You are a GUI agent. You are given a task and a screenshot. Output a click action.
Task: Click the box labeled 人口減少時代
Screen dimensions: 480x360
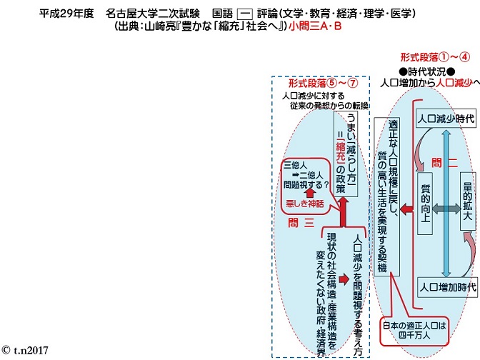point(446,119)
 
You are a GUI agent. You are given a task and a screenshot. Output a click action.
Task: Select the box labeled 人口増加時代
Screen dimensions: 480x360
point(447,287)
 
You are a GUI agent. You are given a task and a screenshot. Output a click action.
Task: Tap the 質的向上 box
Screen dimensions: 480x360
point(425,204)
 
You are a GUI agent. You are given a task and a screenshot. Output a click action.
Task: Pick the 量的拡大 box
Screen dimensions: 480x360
point(467,201)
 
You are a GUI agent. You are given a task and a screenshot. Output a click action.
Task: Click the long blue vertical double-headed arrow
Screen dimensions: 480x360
point(447,204)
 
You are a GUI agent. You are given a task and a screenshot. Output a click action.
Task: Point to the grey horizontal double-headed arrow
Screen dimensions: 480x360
point(446,209)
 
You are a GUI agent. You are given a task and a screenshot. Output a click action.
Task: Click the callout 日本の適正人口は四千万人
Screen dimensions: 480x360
point(414,331)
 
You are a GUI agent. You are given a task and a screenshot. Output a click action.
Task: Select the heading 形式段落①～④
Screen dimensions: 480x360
point(435,57)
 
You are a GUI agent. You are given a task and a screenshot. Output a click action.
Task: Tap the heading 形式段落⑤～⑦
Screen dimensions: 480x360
point(323,83)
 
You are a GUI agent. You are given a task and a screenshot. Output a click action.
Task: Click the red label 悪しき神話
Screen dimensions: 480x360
point(304,204)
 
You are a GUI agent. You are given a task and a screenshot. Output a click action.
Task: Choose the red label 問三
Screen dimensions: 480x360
point(301,223)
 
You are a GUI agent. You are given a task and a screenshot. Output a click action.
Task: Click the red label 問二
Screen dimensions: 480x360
point(444,163)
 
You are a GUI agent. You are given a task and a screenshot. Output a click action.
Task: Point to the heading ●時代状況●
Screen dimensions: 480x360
point(426,71)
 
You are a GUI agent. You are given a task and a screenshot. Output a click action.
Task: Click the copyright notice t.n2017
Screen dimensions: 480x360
point(25,350)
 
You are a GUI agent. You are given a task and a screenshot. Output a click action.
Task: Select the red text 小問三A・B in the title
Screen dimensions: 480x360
point(315,26)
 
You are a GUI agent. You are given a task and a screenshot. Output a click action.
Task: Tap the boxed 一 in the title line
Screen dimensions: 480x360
point(245,14)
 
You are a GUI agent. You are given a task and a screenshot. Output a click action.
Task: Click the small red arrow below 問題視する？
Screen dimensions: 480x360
point(311,194)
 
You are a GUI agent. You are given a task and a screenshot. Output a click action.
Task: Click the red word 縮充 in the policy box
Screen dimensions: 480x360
point(340,151)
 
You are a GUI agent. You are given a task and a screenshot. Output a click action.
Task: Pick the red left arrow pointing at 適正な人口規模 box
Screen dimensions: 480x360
point(406,209)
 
